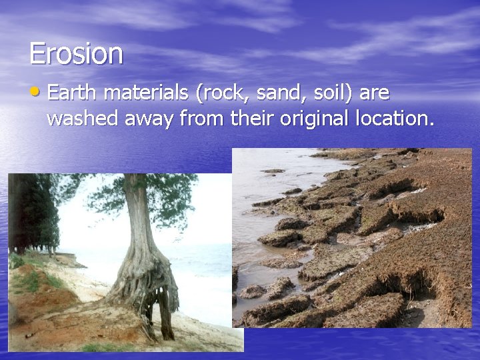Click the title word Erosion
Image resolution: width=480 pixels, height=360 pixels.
(x=76, y=53)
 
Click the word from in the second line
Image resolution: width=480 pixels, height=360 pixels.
(x=203, y=119)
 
